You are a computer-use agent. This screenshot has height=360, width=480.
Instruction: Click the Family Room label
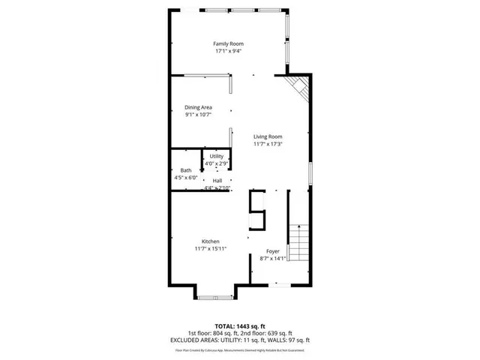coord(228,43)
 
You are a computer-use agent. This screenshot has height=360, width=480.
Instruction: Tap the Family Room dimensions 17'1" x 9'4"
coord(228,52)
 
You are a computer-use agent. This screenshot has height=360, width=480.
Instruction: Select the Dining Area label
coord(198,107)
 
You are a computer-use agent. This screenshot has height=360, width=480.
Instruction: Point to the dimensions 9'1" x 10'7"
coord(198,115)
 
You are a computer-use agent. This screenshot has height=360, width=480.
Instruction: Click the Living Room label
coord(268,136)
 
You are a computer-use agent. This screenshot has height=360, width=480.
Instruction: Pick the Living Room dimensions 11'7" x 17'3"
coord(268,143)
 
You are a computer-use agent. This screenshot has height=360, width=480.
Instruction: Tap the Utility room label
coord(217,156)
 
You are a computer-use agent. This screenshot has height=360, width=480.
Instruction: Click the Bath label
coord(185,170)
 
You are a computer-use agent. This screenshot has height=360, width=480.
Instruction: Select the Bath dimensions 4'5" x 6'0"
coord(185,178)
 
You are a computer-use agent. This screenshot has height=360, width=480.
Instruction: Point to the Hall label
coord(217,181)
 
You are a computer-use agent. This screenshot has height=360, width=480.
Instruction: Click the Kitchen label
coord(210,241)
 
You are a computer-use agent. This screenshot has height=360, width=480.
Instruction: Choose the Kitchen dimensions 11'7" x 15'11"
coord(210,248)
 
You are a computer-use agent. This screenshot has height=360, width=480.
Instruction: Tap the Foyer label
coord(273,251)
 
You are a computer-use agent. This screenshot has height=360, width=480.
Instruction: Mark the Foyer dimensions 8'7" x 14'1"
coord(273,259)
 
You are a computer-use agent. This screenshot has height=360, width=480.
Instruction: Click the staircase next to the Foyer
coord(298,244)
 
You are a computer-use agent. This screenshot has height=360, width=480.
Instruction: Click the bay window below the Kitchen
coord(215,294)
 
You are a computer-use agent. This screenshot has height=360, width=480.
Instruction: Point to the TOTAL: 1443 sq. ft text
coord(240,327)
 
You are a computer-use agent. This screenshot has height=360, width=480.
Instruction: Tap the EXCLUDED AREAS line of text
coord(240,340)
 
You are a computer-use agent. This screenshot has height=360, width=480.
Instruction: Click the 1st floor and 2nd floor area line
coord(240,334)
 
